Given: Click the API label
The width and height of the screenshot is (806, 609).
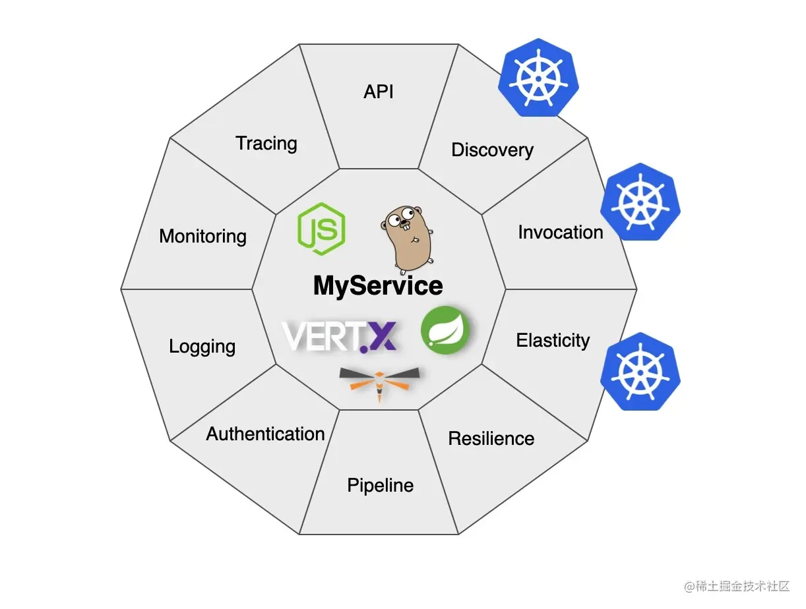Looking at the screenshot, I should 379,92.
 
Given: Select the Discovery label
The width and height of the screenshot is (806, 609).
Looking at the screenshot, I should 492,150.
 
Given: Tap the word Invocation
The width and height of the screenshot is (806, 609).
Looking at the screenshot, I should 560,232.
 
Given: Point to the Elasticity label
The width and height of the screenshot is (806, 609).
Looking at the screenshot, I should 553,341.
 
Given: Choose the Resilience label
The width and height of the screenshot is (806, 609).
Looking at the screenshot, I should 491,438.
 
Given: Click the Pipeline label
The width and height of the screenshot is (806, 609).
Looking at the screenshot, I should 381,486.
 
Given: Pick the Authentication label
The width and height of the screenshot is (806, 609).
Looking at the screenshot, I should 265,434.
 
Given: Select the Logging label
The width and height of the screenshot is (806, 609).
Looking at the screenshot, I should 202,347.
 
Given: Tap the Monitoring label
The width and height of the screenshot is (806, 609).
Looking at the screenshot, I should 202,236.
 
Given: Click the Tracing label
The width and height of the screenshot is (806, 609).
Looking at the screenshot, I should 266,143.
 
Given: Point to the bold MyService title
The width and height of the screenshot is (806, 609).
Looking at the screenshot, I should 378,286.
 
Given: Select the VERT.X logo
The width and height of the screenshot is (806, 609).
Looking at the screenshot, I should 340,336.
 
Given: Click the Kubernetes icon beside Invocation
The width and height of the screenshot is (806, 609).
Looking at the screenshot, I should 640,202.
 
